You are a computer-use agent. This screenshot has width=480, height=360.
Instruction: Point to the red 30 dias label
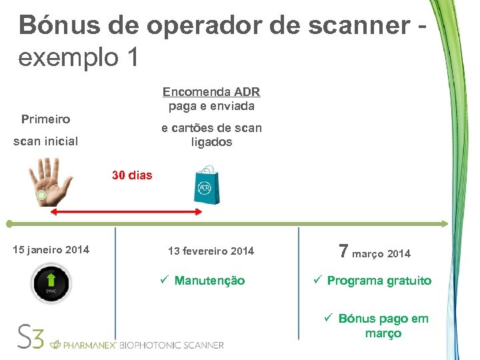point(132,176)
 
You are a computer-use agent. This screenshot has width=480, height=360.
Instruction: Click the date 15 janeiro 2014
point(51,250)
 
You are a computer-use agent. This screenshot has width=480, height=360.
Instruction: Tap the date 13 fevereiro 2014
point(211,251)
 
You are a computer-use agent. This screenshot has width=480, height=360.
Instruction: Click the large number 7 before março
point(343,251)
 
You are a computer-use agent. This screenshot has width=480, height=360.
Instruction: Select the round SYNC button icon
point(51,284)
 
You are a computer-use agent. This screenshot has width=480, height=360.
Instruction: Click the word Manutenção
point(209,281)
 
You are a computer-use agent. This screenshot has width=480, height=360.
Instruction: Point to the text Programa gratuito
point(379,281)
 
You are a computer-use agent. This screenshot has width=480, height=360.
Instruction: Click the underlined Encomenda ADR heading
point(211,92)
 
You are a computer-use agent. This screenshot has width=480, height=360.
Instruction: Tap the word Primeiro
point(45,119)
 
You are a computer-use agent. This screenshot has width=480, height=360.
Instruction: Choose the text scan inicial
point(46,141)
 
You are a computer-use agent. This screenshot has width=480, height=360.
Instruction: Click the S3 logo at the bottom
point(31,337)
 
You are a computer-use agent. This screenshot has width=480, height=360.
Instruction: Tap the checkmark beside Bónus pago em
point(328,318)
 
